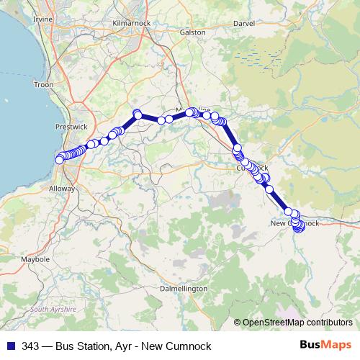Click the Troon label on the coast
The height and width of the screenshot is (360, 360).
point(43,85)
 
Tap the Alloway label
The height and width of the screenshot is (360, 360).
point(60,187)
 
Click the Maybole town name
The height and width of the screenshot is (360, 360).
point(36,258)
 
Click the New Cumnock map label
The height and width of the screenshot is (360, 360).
point(293,223)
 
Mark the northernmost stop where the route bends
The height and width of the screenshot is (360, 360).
point(137,114)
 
